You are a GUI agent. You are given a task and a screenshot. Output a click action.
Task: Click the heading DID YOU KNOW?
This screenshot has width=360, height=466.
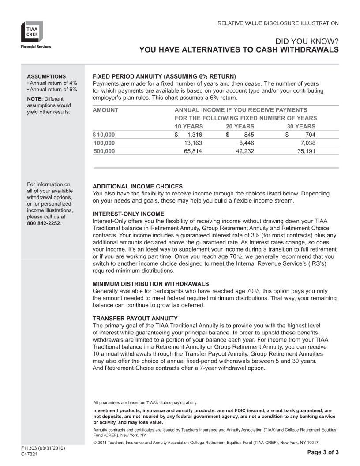(x=307, y=41)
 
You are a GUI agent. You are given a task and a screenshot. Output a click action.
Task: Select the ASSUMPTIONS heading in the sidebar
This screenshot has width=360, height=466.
(x=46, y=76)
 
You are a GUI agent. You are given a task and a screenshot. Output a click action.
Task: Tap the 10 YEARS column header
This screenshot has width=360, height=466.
(x=190, y=126)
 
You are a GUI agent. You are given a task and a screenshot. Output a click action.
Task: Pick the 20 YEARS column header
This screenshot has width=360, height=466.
(x=240, y=126)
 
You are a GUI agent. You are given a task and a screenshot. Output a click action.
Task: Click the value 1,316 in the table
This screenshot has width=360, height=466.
(x=194, y=135)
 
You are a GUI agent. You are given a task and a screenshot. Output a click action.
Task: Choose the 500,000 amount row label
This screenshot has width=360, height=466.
(x=105, y=151)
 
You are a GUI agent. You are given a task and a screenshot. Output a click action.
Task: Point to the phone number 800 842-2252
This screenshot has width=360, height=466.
(x=44, y=223)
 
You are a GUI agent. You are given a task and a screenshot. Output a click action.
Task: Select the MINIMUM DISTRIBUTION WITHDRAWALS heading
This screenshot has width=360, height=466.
(x=150, y=284)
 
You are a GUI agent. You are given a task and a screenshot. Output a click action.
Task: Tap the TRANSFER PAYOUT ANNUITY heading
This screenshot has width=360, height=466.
(x=135, y=318)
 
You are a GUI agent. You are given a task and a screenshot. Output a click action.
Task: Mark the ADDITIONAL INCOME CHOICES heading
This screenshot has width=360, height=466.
(x=137, y=186)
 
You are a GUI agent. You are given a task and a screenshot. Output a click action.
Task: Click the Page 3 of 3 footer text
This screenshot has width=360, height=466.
(x=322, y=452)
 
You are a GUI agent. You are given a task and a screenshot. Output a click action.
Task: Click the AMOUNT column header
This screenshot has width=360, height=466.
(x=105, y=110)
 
